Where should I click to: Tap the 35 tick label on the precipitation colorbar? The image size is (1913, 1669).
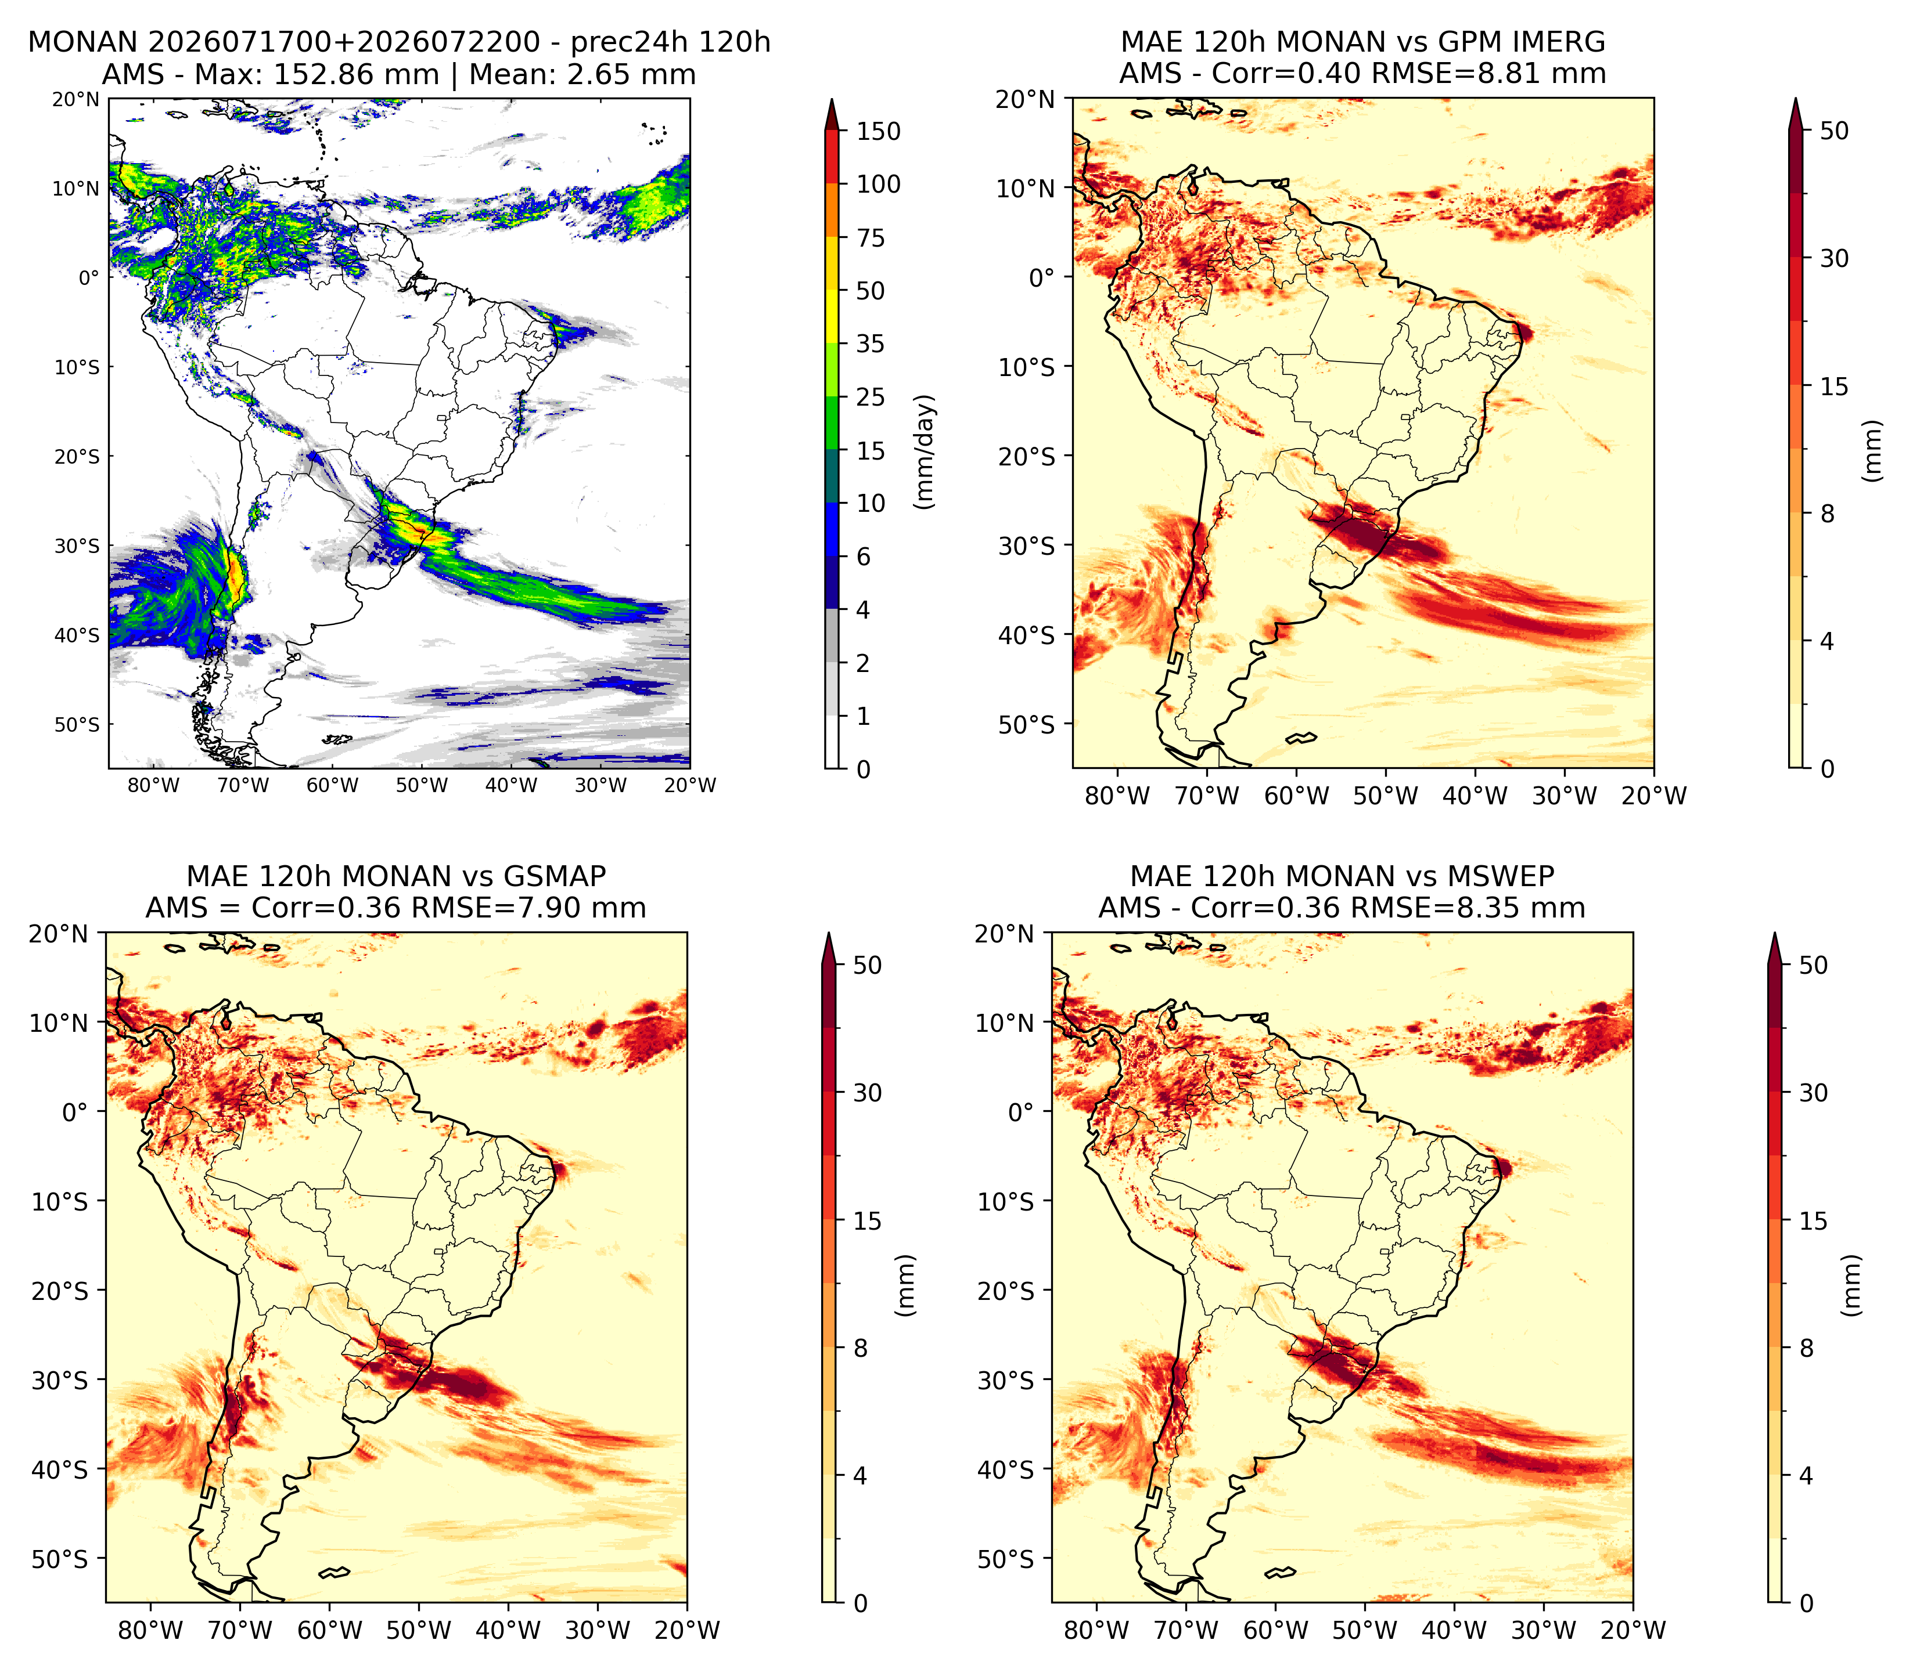pos(871,344)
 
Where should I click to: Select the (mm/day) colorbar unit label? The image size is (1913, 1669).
pos(925,451)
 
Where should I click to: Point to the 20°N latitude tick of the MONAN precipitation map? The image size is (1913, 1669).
pos(75,100)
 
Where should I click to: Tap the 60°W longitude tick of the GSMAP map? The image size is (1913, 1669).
pos(332,1630)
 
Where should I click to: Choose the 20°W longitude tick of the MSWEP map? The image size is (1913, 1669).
pos(1632,1630)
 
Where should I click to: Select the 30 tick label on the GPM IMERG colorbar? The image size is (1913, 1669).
pos(1834,259)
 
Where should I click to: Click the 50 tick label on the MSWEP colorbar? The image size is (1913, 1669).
pos(1813,966)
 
